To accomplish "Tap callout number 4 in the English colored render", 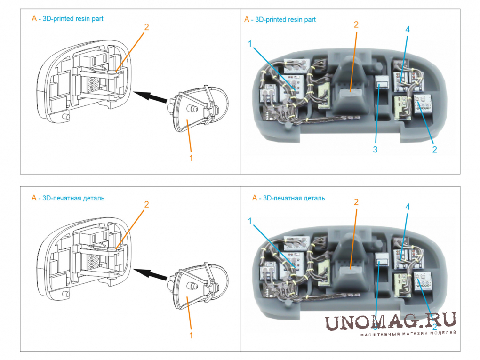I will click(408, 30).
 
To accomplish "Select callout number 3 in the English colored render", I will click(376, 150).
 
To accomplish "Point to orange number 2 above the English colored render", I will click(356, 24).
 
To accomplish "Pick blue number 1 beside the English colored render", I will click(250, 44).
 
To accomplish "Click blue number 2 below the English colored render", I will click(434, 150).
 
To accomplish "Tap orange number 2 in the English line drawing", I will click(146, 27).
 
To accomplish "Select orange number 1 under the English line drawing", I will click(191, 158).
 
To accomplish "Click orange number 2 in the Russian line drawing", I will click(146, 204).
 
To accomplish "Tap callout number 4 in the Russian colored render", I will click(408, 207).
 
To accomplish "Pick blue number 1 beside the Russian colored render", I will click(250, 221).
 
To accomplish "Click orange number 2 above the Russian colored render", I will click(356, 202).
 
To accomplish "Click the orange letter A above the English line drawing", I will click(34, 19).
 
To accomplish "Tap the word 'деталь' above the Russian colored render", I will click(314, 198).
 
